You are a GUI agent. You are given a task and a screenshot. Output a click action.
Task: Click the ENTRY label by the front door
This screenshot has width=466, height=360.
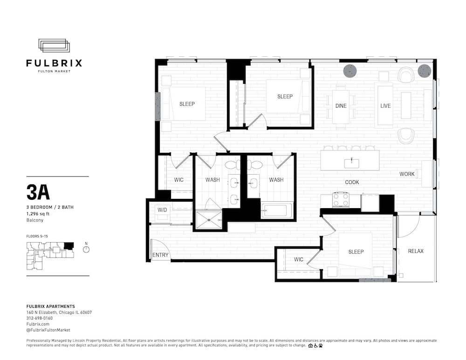coord(160,255)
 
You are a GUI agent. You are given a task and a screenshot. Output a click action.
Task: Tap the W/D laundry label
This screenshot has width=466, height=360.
coord(162,210)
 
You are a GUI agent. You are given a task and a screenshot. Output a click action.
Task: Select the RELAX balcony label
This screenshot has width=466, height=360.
coord(416,251)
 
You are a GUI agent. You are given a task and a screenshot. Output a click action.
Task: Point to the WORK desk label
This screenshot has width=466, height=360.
coord(407,174)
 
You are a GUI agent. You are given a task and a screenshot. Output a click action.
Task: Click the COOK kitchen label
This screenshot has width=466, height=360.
coord(352,182)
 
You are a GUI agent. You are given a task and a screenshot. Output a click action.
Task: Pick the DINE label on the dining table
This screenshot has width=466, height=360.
coord(341,106)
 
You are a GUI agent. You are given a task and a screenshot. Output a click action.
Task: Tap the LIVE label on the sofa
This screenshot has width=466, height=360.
coord(385,106)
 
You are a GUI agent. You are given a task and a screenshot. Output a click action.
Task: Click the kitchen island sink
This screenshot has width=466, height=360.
coord(351,163)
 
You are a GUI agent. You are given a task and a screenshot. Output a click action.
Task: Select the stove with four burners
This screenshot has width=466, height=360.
coord(341,200)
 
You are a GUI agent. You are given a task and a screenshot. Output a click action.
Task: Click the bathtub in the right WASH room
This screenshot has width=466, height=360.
coord(277,211)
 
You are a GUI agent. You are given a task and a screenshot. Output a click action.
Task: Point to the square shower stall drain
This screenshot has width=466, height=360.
coord(209,220)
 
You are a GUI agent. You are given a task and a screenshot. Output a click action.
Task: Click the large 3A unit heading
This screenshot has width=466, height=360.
coord(38,192)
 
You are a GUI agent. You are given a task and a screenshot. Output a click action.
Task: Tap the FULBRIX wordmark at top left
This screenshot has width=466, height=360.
coord(54,63)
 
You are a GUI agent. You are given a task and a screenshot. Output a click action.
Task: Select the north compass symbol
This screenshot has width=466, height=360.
coord(86,249)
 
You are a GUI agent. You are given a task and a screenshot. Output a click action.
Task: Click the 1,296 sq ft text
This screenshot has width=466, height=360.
coord(38,214)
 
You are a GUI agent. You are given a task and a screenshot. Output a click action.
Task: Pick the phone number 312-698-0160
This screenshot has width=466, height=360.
coord(40,318)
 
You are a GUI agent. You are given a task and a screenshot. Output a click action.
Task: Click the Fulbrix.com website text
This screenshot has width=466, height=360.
coord(38,324)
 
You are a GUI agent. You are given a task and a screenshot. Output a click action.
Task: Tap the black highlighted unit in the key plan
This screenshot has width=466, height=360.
coord(69,245)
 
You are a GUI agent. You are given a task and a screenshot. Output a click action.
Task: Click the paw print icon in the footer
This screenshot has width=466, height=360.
coord(321,346)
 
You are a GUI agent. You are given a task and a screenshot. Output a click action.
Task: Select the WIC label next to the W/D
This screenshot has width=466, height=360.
coord(178,180)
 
